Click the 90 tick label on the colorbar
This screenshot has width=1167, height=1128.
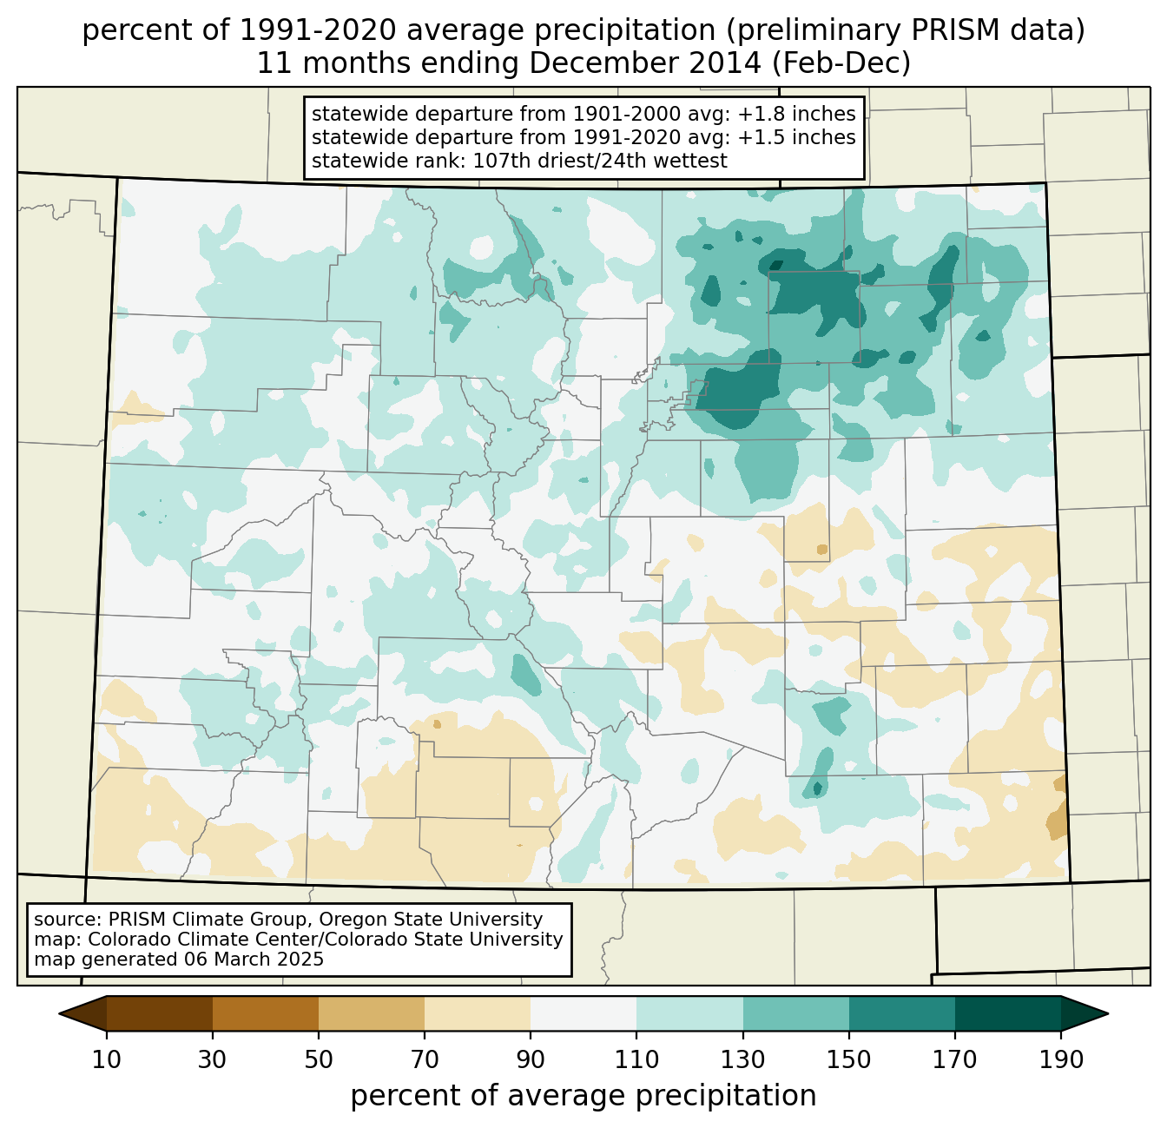[x=531, y=1060]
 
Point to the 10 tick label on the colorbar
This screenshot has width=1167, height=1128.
[x=107, y=1060]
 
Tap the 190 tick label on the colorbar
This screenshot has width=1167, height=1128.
[x=1060, y=1060]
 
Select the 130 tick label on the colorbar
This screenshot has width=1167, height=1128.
[x=743, y=1060]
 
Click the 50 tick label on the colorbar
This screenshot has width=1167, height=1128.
[x=319, y=1060]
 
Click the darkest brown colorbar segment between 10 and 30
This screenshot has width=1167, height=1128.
[x=160, y=1013]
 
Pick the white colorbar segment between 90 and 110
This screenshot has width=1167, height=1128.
[x=583, y=1013]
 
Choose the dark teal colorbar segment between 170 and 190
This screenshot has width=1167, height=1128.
[x=1007, y=1013]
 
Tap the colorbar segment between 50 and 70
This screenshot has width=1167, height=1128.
[x=372, y=1013]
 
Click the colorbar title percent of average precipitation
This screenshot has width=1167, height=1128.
[x=583, y=1096]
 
